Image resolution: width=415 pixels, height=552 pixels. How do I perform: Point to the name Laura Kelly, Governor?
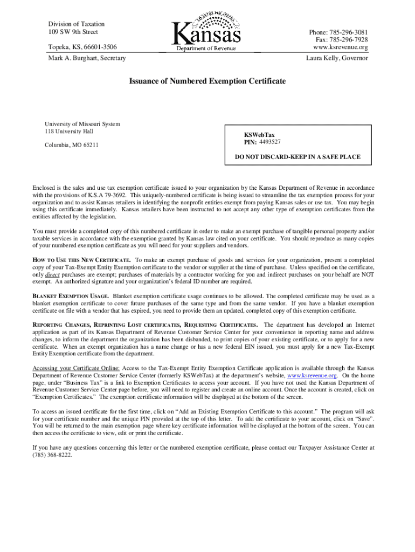pyautogui.click(x=337, y=58)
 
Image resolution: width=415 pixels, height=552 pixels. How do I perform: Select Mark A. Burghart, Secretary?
pyautogui.click(x=87, y=58)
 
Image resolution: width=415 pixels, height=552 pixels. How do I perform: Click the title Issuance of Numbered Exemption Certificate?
pyautogui.click(x=207, y=81)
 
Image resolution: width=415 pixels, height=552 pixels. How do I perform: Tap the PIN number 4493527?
pyautogui.click(x=269, y=142)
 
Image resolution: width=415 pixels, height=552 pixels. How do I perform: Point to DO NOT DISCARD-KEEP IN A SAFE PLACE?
pyautogui.click(x=298, y=157)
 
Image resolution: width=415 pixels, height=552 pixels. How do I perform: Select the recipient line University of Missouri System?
pyautogui.click(x=82, y=125)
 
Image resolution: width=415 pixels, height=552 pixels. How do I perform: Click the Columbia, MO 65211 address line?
pyautogui.click(x=71, y=145)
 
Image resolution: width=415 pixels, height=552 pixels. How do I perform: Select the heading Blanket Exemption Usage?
pyautogui.click(x=71, y=296)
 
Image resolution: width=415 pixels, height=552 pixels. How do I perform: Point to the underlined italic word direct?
pyautogui.click(x=52, y=274)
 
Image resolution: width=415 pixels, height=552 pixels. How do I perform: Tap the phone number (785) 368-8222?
pyautogui.click(x=52, y=454)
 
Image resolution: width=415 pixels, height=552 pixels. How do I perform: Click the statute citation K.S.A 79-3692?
pyautogui.click(x=107, y=195)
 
